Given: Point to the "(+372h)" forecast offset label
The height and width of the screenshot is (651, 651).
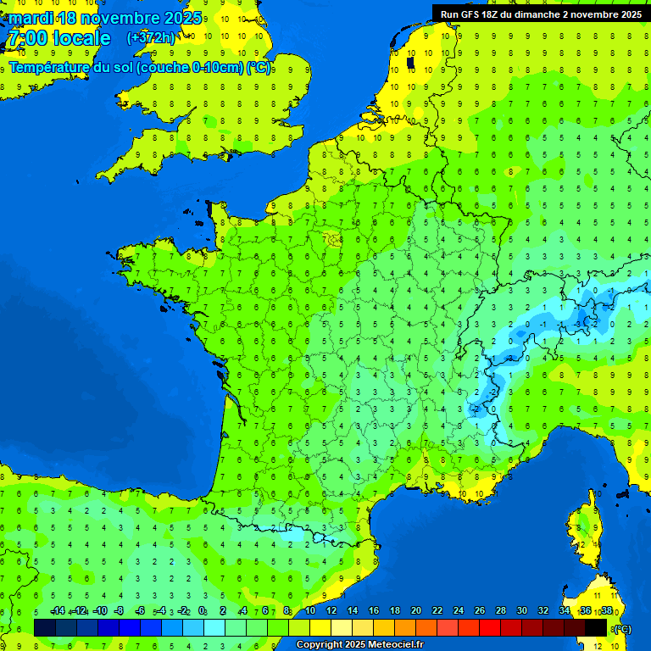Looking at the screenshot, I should coord(151,38).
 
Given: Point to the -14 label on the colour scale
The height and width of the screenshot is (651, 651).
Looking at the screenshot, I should coord(58,611).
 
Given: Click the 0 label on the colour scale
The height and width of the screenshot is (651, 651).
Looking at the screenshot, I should coord(202,611).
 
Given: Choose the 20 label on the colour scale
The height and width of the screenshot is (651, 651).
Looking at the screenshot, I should coord(415,611).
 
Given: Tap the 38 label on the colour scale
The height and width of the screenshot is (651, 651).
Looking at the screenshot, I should coord(606,611).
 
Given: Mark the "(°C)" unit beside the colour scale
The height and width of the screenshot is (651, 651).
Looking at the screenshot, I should coord(622,629).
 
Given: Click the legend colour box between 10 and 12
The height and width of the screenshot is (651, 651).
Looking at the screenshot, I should coord(320,627).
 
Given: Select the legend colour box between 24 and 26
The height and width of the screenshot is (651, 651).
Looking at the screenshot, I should coord(469,627).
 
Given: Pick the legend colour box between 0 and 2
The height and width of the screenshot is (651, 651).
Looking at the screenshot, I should coord(214,627).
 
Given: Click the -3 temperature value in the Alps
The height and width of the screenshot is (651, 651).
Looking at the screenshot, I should coord(577,323).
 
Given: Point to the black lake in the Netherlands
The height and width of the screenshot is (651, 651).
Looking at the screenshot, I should coord(411,62).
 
